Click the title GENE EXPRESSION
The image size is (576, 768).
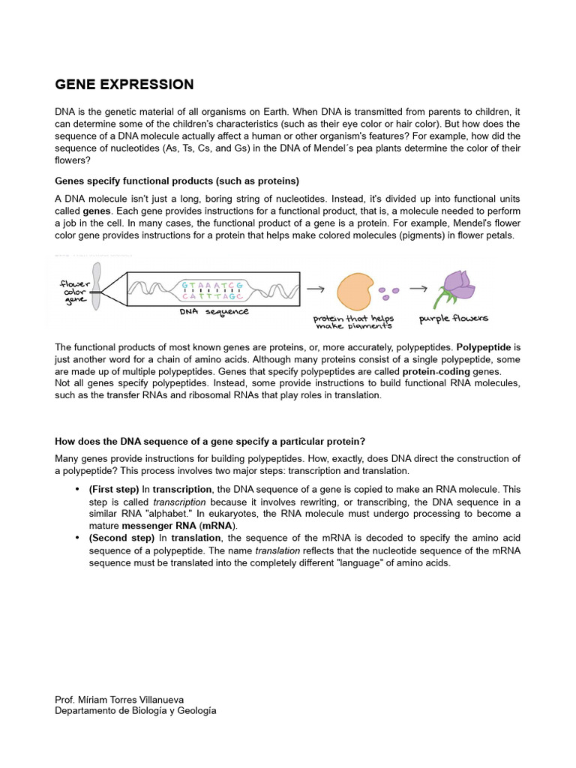124,85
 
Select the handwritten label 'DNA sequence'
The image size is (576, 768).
214,311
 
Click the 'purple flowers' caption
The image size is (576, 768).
453,318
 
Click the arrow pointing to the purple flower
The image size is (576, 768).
418,288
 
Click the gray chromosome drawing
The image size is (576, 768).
97,287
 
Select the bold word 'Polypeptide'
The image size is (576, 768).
484,348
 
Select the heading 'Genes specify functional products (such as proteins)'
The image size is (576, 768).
177,181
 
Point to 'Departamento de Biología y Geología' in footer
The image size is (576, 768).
136,710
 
